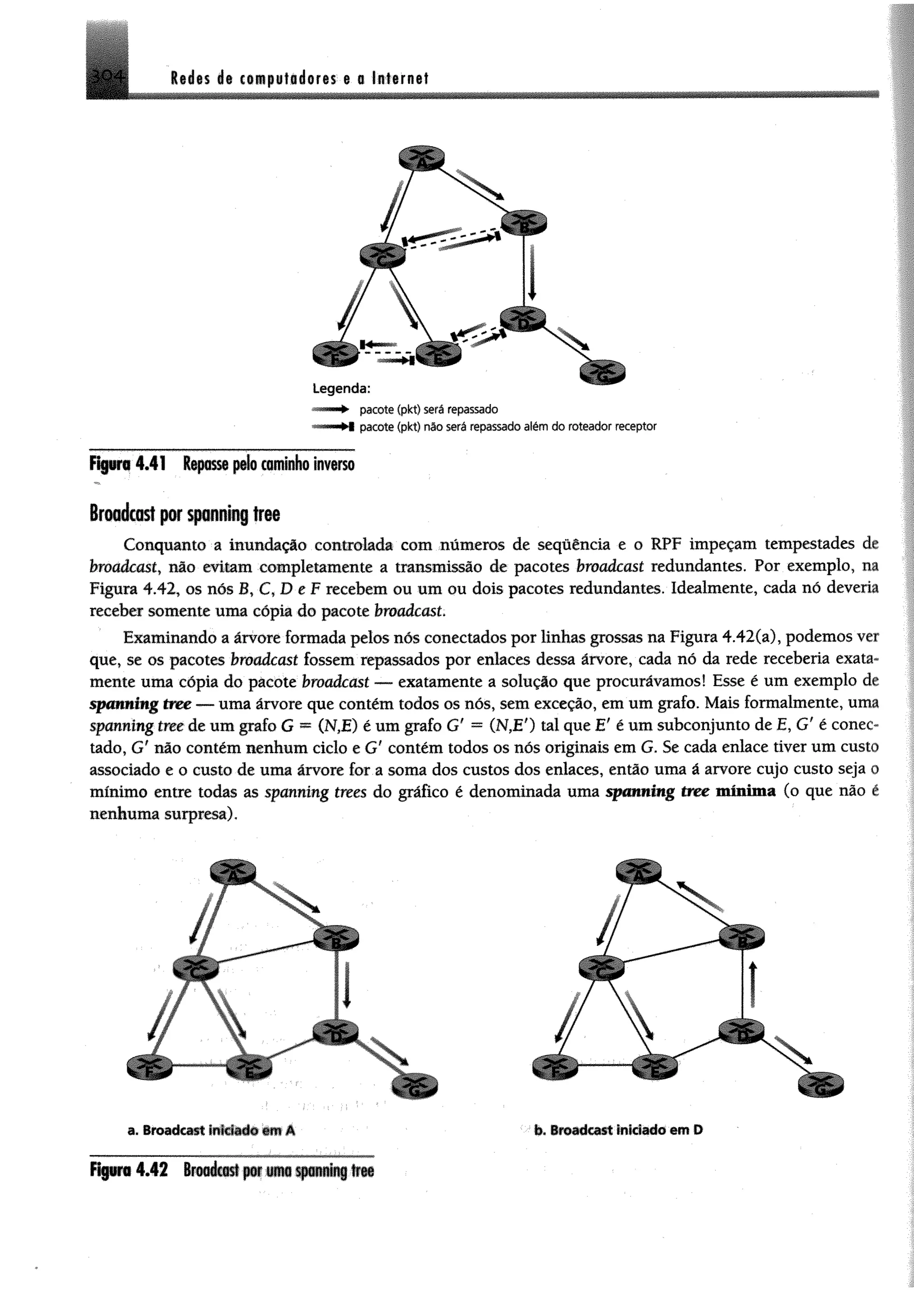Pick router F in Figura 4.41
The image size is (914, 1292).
coord(336,354)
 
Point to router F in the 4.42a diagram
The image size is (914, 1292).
coord(149,1066)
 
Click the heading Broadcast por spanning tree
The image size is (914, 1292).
coord(185,514)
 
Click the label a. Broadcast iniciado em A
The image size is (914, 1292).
coord(212,1130)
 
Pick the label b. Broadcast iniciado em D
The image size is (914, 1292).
coord(618,1130)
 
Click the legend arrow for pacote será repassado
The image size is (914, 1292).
coord(332,409)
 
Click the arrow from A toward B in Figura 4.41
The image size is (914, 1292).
coord(479,184)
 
